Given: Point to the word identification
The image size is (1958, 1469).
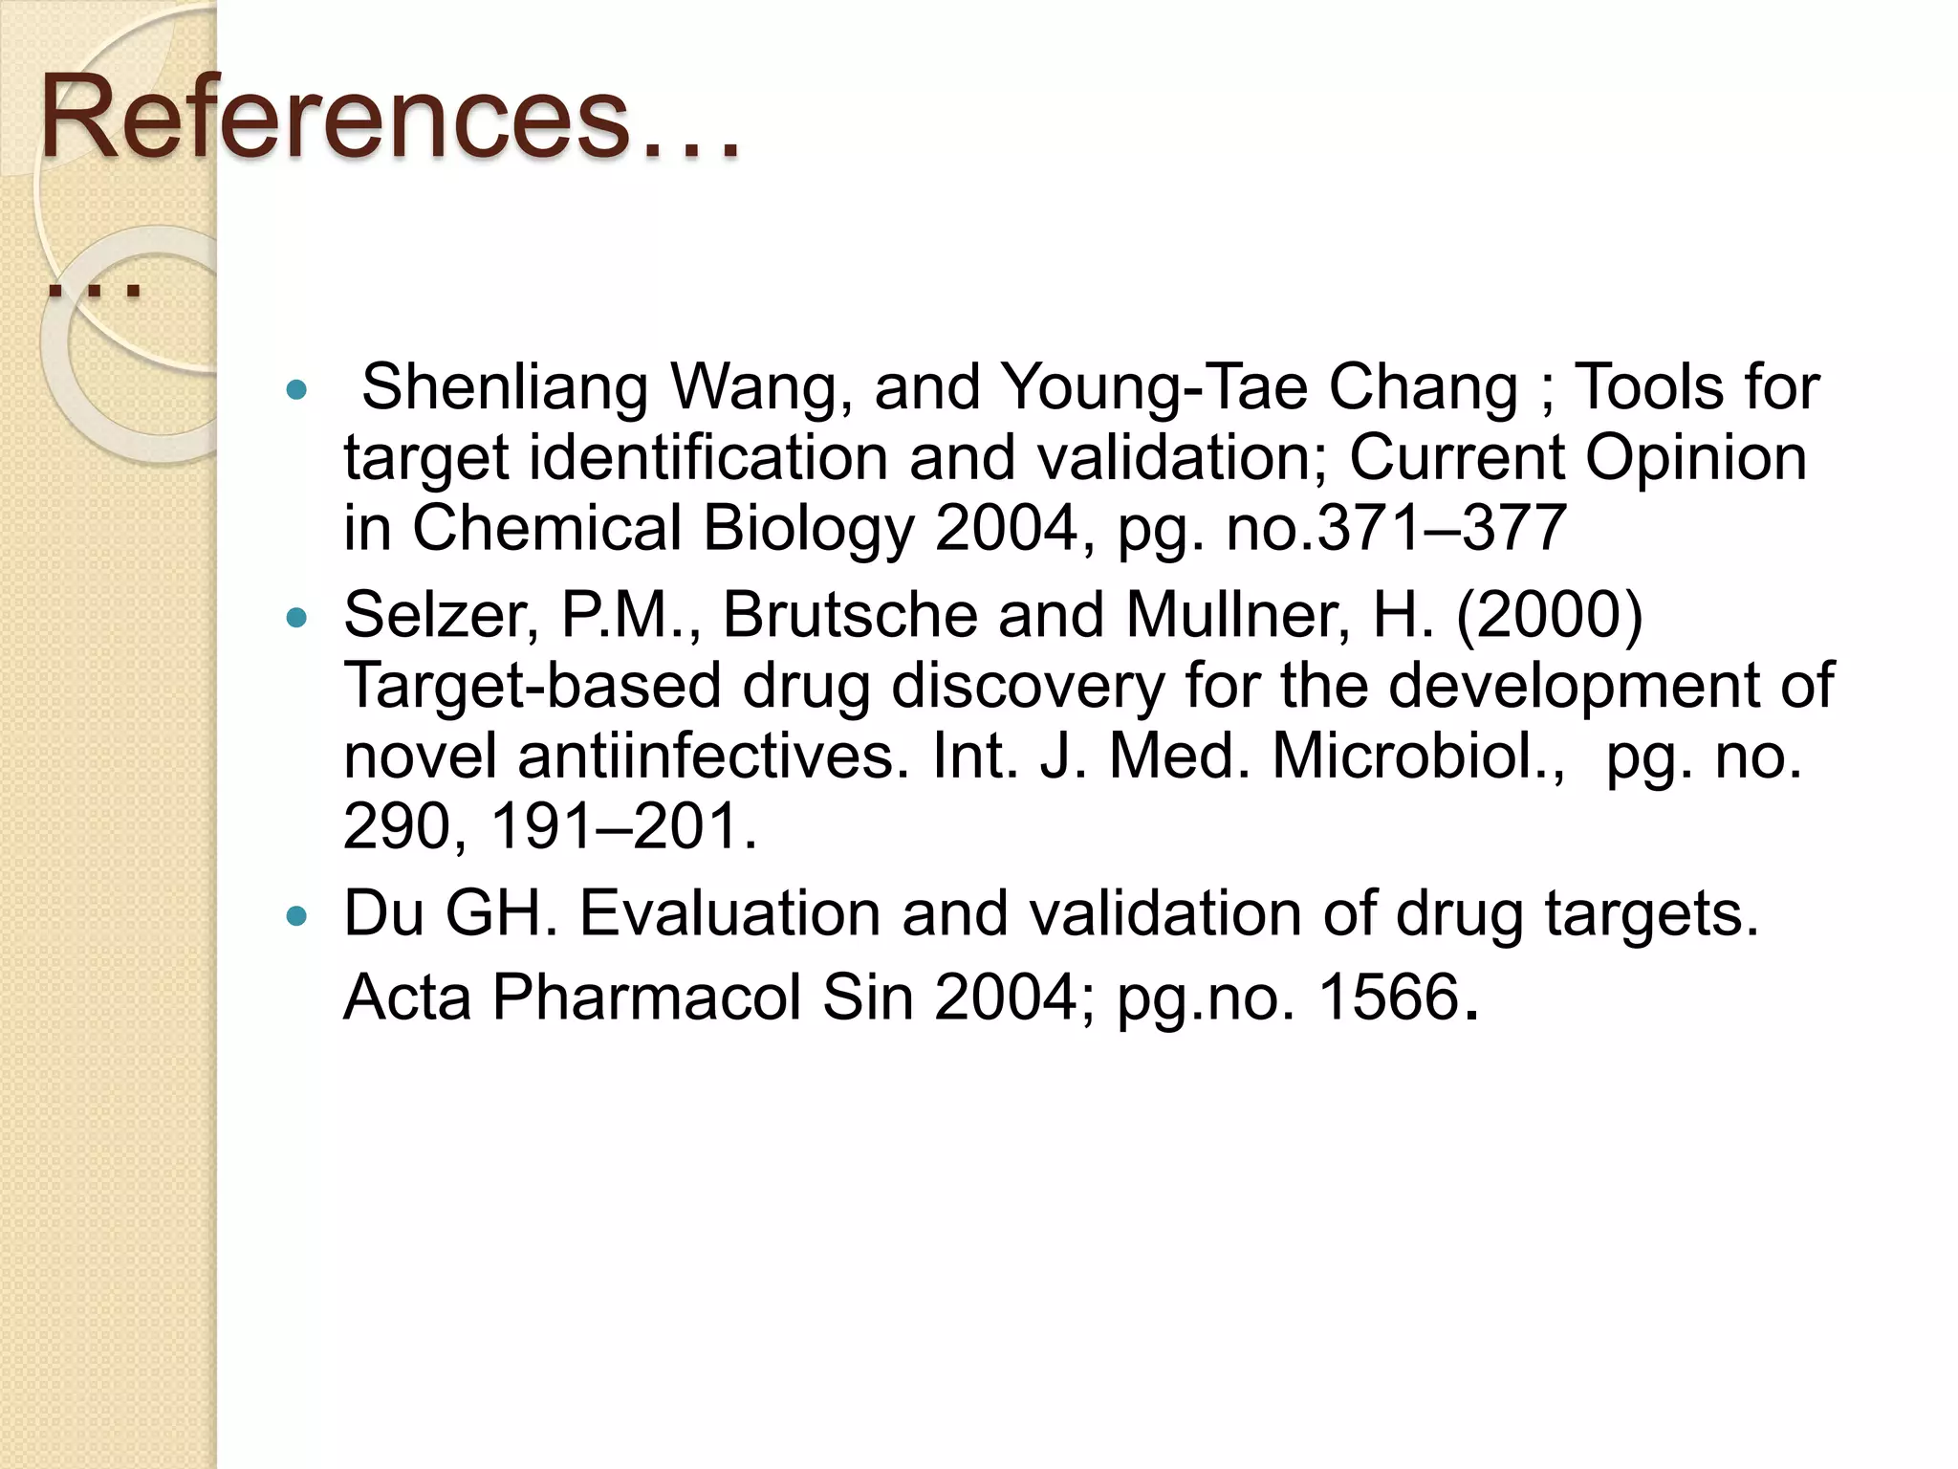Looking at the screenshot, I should (x=708, y=458).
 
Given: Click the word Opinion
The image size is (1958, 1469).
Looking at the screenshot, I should (x=1696, y=458).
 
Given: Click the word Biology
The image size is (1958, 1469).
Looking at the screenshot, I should (x=808, y=529).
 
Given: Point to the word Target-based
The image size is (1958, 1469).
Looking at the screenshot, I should (x=532, y=686).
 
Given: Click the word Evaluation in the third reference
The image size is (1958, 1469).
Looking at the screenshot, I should (x=729, y=913).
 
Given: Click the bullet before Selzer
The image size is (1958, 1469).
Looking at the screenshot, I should (x=297, y=619).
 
